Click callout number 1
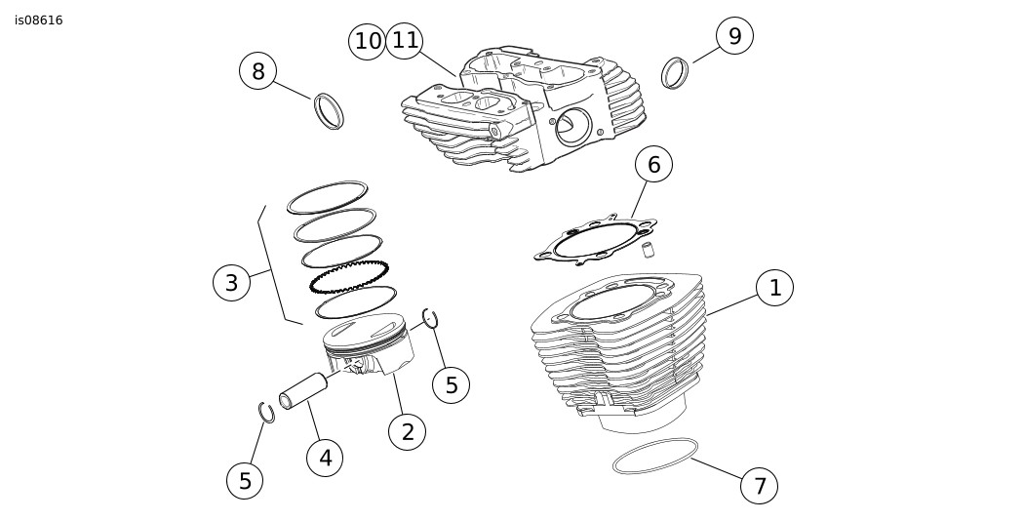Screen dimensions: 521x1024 774,288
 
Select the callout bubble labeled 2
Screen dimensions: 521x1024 407,431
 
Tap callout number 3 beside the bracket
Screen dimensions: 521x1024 231,283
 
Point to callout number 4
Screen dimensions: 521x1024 325,458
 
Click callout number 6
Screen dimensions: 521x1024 653,165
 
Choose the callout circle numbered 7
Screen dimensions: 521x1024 759,485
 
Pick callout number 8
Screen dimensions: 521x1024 257,71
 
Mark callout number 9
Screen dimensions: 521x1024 734,36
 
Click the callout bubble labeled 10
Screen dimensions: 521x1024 367,42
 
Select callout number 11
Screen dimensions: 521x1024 405,40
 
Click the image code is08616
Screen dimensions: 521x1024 39,20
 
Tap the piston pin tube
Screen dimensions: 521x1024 303,390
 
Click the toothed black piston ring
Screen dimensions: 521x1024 348,276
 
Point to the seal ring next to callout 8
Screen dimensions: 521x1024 329,110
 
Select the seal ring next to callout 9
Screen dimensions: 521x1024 675,73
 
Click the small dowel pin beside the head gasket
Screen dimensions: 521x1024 648,250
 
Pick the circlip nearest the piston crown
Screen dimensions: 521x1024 430,318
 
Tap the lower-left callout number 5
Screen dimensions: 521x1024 245,480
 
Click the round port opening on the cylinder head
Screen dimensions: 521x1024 572,127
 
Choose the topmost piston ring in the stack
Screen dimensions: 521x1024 328,197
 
